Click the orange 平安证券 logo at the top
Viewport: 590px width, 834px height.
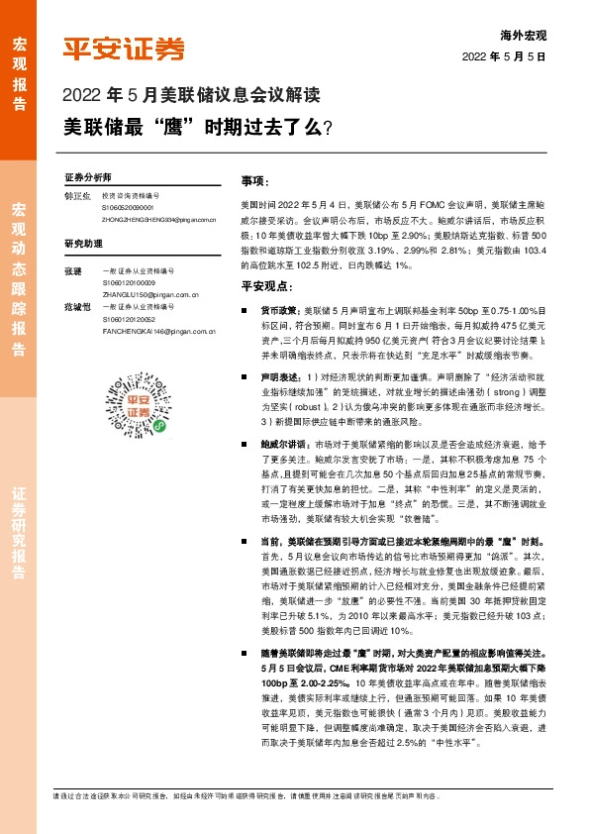click(123, 49)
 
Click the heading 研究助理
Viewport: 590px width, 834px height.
click(84, 243)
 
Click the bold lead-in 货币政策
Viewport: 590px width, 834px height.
click(279, 310)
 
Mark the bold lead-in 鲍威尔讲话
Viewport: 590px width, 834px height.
click(282, 445)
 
